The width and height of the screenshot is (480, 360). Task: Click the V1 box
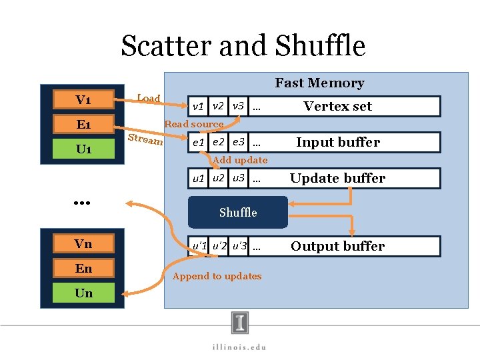(83, 100)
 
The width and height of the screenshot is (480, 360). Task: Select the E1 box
(83, 125)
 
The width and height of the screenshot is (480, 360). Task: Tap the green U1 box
(83, 149)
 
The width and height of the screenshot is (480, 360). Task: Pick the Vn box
(83, 244)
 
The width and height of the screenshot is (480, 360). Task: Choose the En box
(83, 269)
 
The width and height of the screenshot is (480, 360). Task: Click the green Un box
(83, 293)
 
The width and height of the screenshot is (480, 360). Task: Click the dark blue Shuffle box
(238, 212)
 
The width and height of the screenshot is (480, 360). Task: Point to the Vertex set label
(337, 107)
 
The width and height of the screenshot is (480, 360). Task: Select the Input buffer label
(337, 143)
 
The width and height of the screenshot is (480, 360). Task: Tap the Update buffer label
(337, 179)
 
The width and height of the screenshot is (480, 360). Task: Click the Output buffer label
(337, 247)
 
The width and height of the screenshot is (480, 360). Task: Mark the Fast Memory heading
(319, 83)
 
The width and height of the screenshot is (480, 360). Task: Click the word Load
(149, 99)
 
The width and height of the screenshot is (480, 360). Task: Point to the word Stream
(145, 139)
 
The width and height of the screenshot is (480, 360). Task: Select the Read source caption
(194, 124)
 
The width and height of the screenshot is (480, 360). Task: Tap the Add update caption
(240, 160)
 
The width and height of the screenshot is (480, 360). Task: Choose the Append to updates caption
(217, 276)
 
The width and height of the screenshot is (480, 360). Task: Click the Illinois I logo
(240, 323)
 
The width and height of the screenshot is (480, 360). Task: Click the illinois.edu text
(240, 347)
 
